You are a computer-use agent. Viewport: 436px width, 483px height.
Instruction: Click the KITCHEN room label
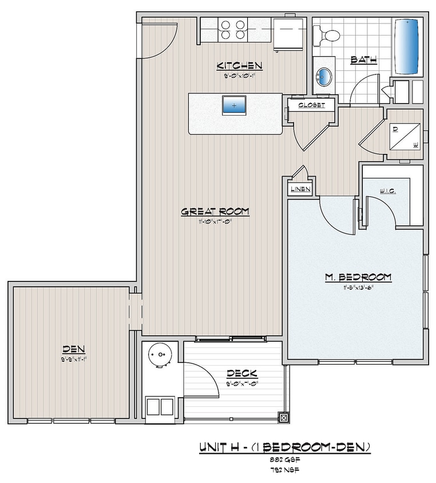(x=239, y=65)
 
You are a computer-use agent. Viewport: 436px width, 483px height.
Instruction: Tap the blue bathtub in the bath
(x=407, y=45)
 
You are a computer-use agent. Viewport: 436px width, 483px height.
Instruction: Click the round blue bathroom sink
(x=325, y=77)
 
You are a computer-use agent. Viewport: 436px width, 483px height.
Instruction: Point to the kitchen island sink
(x=235, y=105)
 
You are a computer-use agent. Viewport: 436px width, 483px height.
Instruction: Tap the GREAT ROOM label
(x=215, y=211)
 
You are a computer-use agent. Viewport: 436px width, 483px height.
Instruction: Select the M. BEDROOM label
(x=358, y=277)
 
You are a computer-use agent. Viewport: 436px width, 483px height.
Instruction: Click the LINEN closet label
(x=300, y=189)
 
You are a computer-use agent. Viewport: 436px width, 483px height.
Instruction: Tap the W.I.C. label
(x=387, y=191)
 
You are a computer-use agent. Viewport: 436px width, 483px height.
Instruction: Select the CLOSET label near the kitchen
(x=311, y=105)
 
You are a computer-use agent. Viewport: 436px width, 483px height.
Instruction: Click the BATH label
(x=362, y=59)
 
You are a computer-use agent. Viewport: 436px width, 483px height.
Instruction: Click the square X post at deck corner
(x=283, y=418)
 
